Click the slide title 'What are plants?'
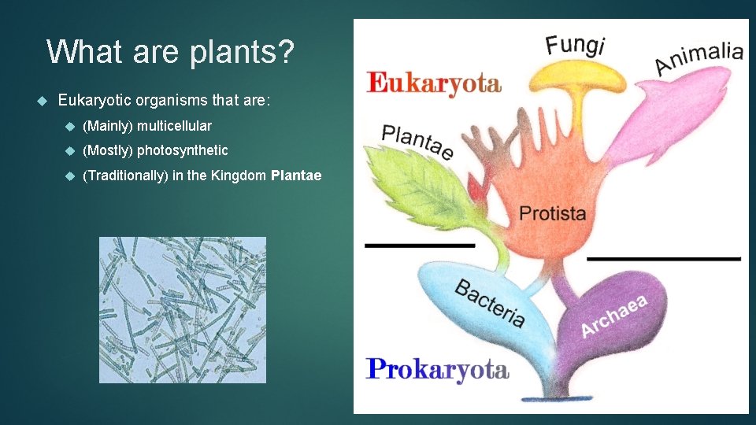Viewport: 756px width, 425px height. (170, 52)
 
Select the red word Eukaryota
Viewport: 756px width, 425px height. (433, 83)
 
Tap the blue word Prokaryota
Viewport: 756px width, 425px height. (438, 368)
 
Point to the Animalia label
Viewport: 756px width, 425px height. (699, 58)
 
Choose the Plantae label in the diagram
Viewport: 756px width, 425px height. (417, 142)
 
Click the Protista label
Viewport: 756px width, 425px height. (552, 213)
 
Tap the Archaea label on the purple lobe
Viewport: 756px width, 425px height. (613, 316)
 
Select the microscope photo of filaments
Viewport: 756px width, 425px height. (182, 309)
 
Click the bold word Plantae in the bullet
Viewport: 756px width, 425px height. (295, 176)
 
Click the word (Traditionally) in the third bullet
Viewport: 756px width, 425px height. (125, 176)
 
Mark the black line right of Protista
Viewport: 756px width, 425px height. (664, 258)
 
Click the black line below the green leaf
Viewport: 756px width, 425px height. (420, 246)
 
